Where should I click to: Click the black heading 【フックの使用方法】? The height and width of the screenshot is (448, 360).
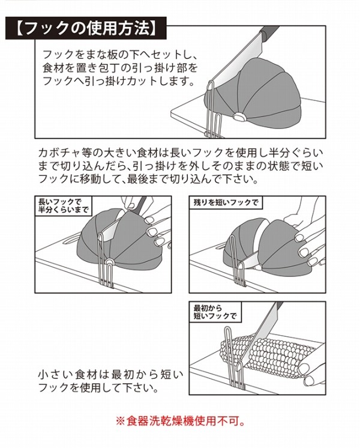pyautogui.click(x=86, y=28)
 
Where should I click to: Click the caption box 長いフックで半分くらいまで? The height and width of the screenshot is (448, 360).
pyautogui.click(x=64, y=206)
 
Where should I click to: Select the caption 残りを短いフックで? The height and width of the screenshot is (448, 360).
pyautogui.click(x=226, y=202)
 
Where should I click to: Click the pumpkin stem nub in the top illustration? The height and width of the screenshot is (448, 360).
pyautogui.click(x=238, y=117)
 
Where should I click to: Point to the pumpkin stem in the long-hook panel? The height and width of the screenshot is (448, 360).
pyautogui.click(x=109, y=262)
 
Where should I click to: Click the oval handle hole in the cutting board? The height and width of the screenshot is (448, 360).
pyautogui.click(x=71, y=239)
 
